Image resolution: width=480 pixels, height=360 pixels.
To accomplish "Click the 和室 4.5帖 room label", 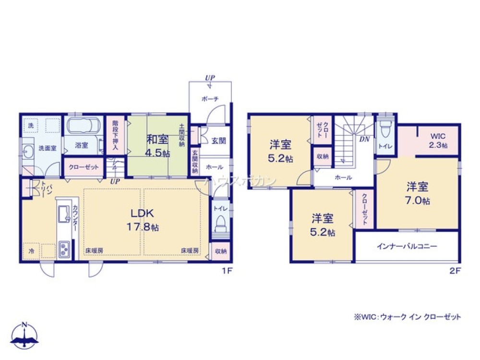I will coord(158,146).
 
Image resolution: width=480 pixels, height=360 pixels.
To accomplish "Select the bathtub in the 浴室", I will coord(82,126).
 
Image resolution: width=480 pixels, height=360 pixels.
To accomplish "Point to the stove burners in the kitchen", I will coord(64,249).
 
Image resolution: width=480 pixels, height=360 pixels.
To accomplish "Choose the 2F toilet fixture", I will coord(384,129).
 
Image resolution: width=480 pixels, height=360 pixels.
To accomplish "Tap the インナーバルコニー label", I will coord(407,246).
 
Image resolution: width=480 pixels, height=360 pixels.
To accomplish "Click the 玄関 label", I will coord(218,141).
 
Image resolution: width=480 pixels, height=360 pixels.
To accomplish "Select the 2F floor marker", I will coord(455,271).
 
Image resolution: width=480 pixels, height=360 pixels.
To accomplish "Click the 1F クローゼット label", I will coord(84,167).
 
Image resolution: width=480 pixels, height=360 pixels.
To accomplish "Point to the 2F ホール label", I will coord(343,177).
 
